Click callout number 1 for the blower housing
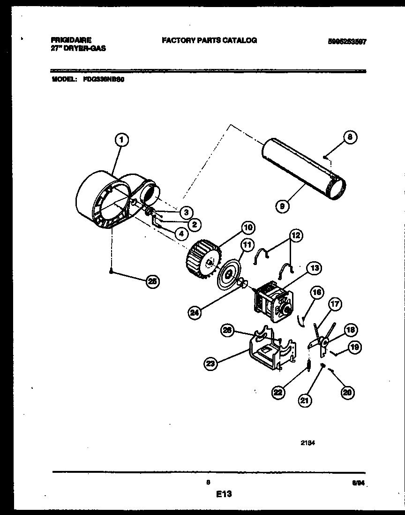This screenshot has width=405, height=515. tap(121, 139)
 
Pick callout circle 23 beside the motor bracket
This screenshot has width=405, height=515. tap(211, 362)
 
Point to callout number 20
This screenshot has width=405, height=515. tap(346, 393)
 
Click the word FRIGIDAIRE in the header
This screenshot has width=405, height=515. tap(72, 40)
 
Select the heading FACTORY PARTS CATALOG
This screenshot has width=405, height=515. tap(209, 40)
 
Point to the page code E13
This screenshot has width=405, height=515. tap(225, 493)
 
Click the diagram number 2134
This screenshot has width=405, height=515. tap(307, 441)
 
